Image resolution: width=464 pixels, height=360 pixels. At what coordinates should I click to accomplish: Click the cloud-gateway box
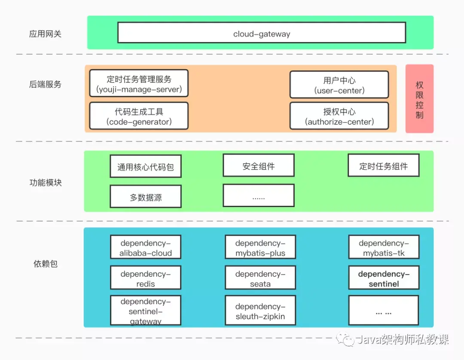[262, 33]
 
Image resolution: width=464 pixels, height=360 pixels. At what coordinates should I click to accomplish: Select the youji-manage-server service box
[139, 84]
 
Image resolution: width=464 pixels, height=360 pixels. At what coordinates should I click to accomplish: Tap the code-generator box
[139, 116]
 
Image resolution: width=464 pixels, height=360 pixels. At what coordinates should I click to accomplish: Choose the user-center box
[339, 85]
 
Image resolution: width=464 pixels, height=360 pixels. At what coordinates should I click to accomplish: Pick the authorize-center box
[339, 116]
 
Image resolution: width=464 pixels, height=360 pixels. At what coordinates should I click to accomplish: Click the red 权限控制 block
[419, 99]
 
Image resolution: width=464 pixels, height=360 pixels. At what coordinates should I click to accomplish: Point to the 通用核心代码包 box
[146, 166]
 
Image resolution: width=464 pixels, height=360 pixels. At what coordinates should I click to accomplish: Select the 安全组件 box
[258, 165]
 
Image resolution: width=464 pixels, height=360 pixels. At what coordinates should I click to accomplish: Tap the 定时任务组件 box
[383, 165]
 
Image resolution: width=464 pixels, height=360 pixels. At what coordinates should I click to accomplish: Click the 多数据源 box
[146, 197]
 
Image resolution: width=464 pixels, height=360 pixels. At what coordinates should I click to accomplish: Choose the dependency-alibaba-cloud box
[146, 247]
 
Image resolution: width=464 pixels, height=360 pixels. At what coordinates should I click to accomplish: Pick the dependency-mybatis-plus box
[260, 247]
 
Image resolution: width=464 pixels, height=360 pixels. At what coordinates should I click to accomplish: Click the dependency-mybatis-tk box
[384, 247]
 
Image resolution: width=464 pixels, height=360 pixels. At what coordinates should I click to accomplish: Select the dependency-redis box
[146, 278]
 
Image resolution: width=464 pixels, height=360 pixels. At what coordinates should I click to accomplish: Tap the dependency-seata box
[260, 278]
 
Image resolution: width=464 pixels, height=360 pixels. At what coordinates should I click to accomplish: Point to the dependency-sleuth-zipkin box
[260, 311]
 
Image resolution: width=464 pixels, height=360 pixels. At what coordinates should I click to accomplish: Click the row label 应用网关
[45, 34]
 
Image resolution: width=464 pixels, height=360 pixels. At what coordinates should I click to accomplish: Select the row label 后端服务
[45, 84]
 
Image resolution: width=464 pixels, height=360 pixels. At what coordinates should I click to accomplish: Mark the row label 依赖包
[46, 264]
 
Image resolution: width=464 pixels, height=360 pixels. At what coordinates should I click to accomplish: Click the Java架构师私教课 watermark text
[403, 340]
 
